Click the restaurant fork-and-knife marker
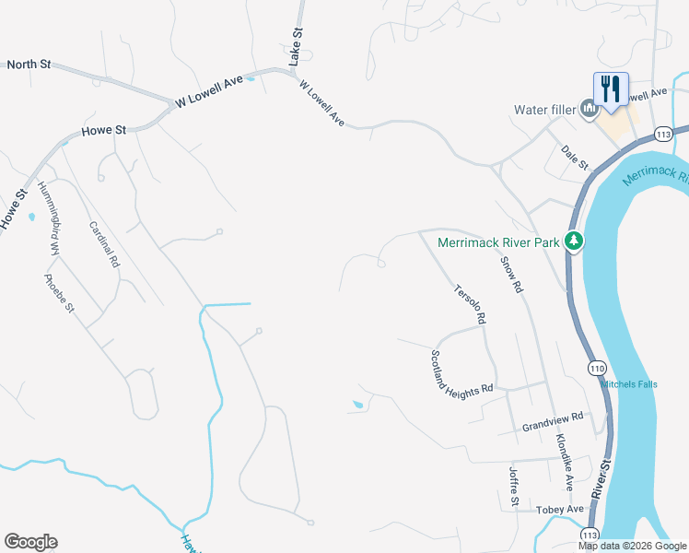[611, 90]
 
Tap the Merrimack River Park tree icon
[574, 241]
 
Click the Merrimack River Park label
[498, 242]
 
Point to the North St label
[29, 65]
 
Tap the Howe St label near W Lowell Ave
[103, 131]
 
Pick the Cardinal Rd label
[104, 244]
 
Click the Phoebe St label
[58, 293]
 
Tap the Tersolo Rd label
[469, 303]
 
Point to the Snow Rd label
[512, 274]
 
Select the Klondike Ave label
[563, 459]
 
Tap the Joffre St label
[514, 487]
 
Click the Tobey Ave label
[562, 510]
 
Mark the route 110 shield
[598, 368]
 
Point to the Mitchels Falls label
[630, 384]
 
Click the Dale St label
[575, 157]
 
